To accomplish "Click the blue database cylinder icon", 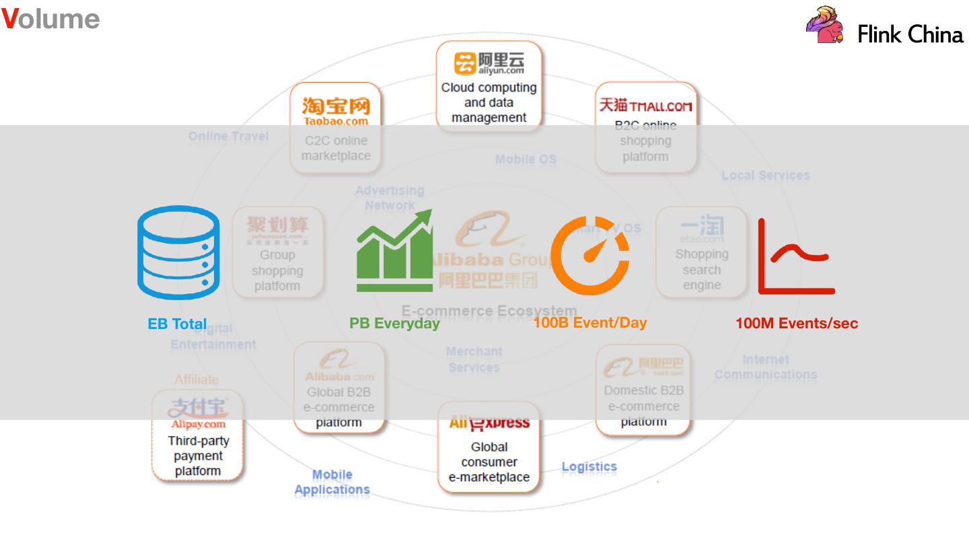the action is point(178,252).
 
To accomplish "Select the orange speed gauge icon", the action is point(589,255).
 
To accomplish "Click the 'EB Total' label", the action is point(177,324).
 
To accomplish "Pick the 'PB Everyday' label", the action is point(394,323).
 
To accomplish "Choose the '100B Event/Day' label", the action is point(590,322).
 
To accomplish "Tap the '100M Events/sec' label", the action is point(797,323).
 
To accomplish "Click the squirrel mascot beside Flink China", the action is point(824,26).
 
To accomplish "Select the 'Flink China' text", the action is point(910,34).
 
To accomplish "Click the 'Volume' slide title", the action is point(50,19).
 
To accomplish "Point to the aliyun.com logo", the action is point(489,63).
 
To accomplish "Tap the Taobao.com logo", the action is point(336,111).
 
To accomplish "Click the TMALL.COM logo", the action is point(645,106).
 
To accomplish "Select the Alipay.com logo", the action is point(198,412).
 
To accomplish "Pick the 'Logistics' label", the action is point(589,466).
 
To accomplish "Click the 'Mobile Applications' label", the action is point(332,482).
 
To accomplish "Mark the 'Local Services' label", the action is point(765,175).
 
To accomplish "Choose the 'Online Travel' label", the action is point(228,136).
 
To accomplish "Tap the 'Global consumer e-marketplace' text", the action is point(489,462).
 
